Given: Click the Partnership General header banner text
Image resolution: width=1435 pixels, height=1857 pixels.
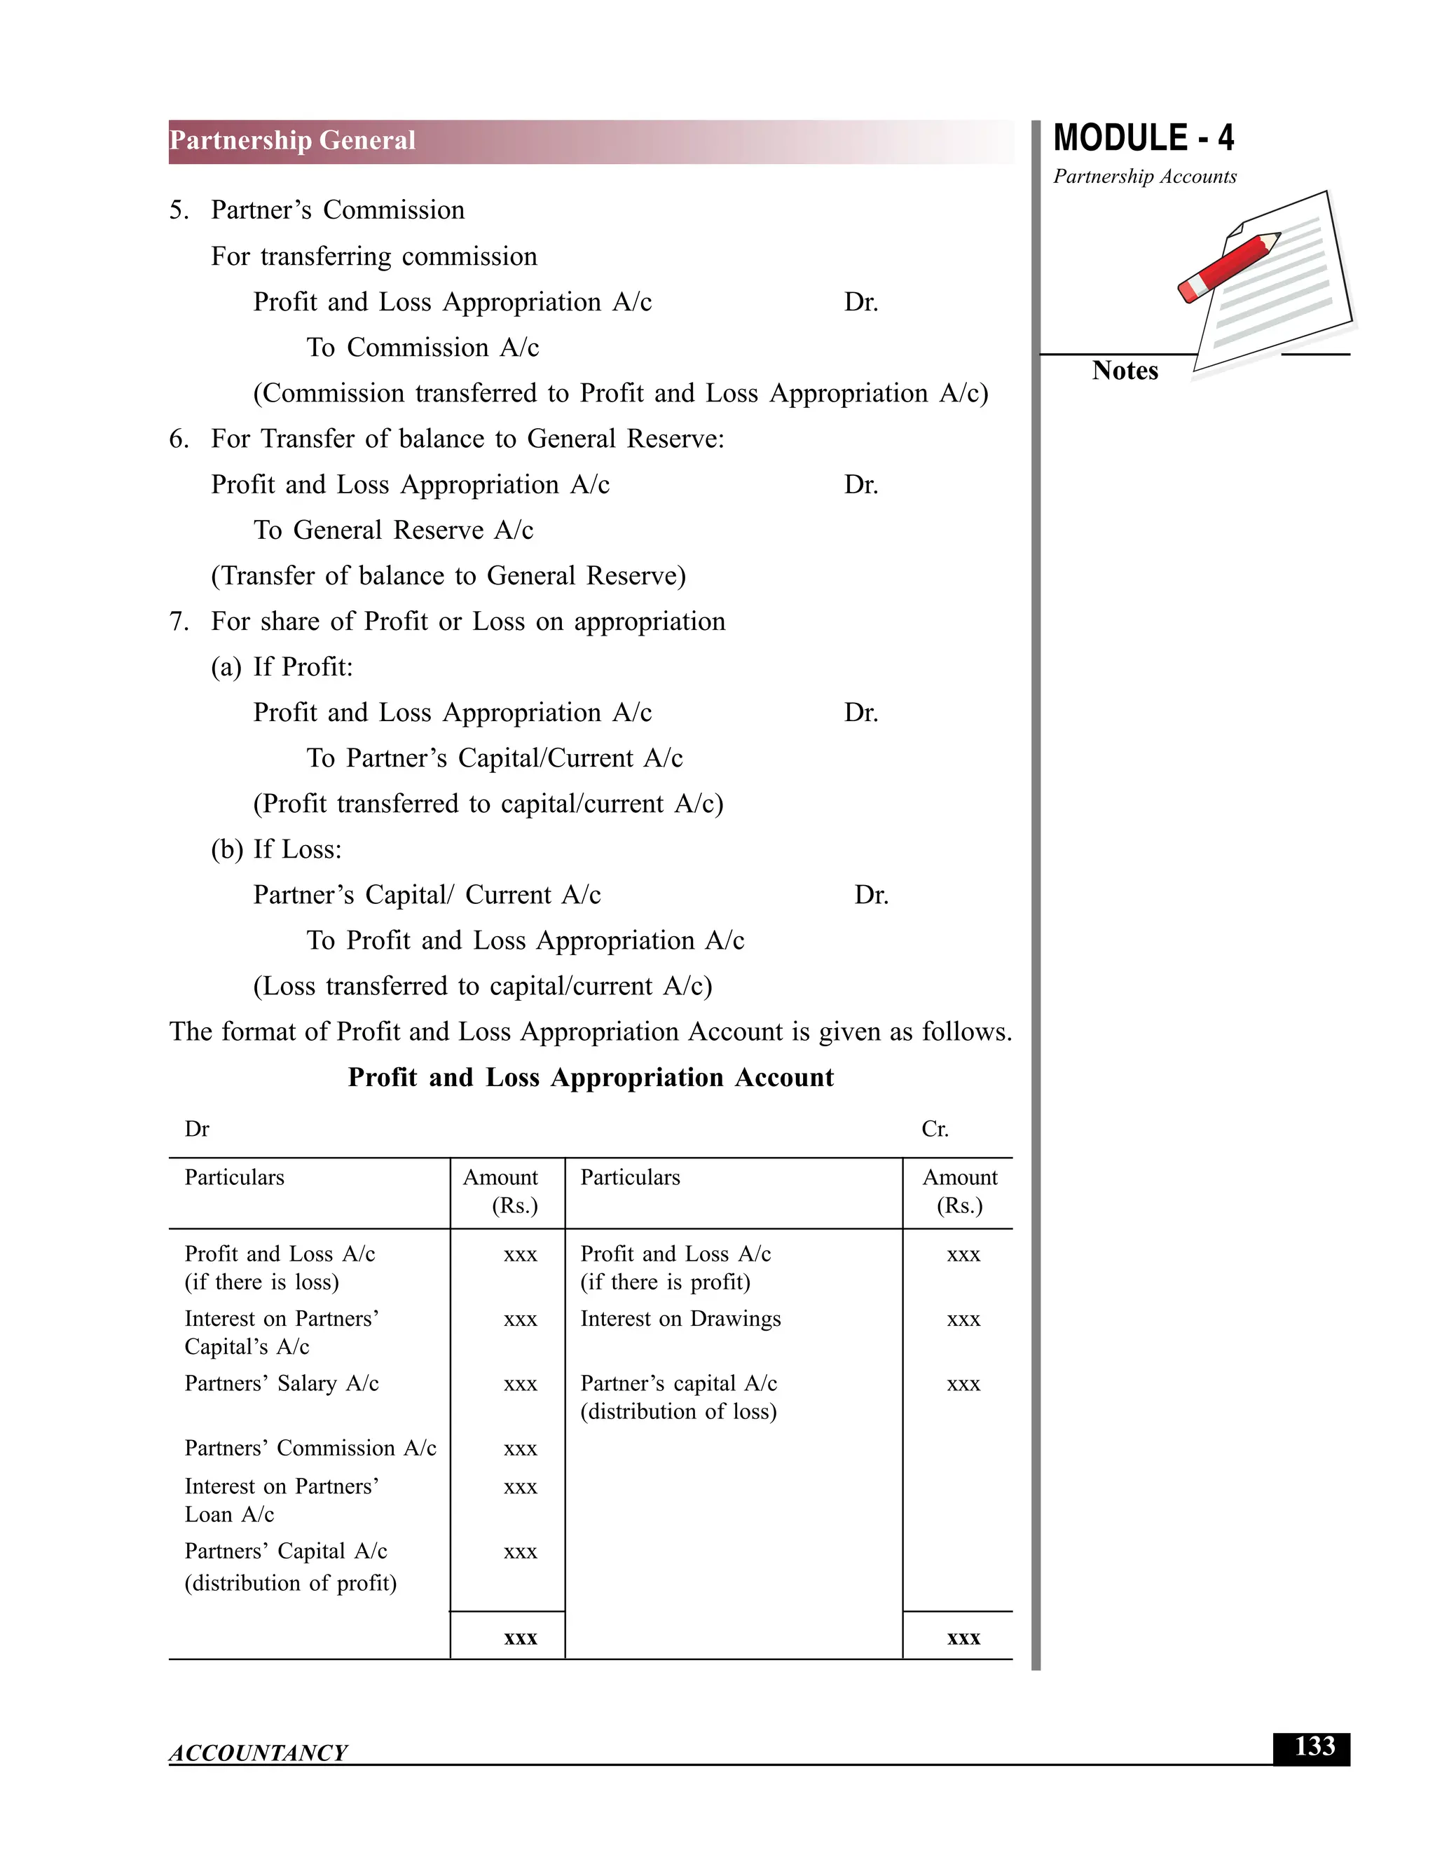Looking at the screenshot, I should click(291, 140).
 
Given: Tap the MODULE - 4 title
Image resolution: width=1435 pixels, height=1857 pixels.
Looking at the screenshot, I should click(1143, 139).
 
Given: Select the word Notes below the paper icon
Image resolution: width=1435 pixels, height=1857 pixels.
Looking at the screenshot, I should click(1124, 371).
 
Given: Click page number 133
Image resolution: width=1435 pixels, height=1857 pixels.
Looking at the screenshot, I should click(1314, 1746).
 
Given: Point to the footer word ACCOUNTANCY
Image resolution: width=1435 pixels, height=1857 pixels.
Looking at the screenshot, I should click(258, 1753).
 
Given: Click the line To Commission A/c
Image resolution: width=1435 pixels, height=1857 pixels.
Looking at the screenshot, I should click(423, 348).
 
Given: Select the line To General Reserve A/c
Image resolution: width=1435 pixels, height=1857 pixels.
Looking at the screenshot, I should click(393, 530).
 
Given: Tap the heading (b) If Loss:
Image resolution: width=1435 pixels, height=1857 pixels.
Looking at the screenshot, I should click(275, 849).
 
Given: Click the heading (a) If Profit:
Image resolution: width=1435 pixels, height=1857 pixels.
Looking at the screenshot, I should click(282, 666).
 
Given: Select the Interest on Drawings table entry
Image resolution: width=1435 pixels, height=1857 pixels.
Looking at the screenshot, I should click(680, 1319).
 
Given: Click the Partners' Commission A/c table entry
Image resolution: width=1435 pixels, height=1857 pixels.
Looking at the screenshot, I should click(310, 1448).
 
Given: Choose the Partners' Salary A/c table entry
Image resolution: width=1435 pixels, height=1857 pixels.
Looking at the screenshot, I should click(282, 1383).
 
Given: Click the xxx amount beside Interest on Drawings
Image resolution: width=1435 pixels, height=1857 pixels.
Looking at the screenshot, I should click(963, 1320).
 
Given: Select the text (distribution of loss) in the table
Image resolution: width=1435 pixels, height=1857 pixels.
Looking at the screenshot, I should click(678, 1411).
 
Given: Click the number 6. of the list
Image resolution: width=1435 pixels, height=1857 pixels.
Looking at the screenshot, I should click(179, 439).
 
